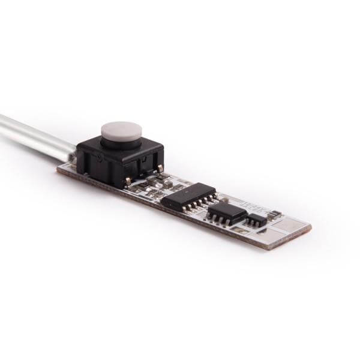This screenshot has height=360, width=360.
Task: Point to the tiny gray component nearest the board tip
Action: coord(275,214)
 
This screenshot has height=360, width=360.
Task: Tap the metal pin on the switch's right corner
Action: coord(160,169)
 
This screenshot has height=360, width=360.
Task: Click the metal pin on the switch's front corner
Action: coord(127,180)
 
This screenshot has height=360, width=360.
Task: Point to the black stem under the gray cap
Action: coord(120,143)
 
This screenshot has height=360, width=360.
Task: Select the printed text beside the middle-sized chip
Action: coord(243,204)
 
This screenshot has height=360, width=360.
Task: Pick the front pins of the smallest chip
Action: coord(254,226)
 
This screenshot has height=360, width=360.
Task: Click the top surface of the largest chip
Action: coord(189,194)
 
